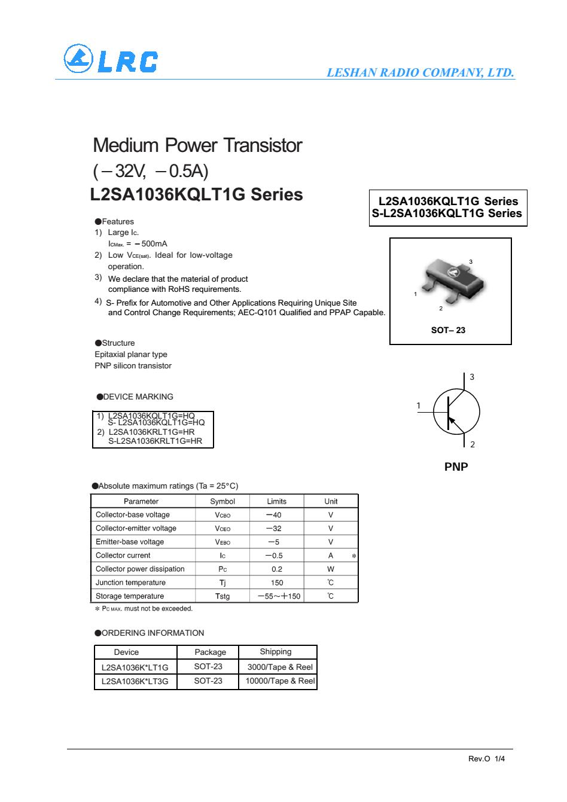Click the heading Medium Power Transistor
click(197, 145)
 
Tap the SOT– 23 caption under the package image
click(448, 330)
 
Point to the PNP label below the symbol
click(456, 466)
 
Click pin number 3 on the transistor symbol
click(472, 377)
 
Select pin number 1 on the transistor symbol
click(419, 406)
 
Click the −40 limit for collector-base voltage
click(274, 515)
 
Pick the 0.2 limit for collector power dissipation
click(276, 569)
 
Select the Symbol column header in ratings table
click(222, 501)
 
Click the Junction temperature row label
click(130, 583)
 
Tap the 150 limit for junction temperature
click(276, 583)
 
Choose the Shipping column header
click(276, 651)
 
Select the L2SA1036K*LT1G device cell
click(135, 667)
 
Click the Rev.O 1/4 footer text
click(486, 758)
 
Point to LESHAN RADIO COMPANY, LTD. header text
click(420, 73)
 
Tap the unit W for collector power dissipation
click(331, 569)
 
